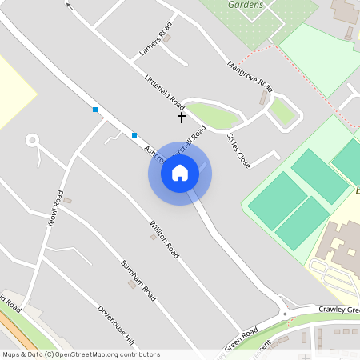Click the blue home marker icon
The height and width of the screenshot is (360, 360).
tap(180, 172)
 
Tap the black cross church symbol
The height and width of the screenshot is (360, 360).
tap(182, 118)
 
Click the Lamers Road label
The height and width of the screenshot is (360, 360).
tap(155, 41)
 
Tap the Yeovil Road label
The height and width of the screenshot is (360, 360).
tap(56, 209)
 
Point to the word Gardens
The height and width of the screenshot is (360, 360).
tap(246, 5)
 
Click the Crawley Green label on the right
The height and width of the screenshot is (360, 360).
tap(339, 309)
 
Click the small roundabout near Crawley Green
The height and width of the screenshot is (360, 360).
tap(285, 314)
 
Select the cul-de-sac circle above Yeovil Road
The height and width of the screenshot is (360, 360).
tap(32, 141)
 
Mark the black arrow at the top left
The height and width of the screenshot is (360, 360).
tap(69, 5)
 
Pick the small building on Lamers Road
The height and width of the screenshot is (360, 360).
tap(166, 37)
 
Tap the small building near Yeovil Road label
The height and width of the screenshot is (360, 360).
tap(68, 200)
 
